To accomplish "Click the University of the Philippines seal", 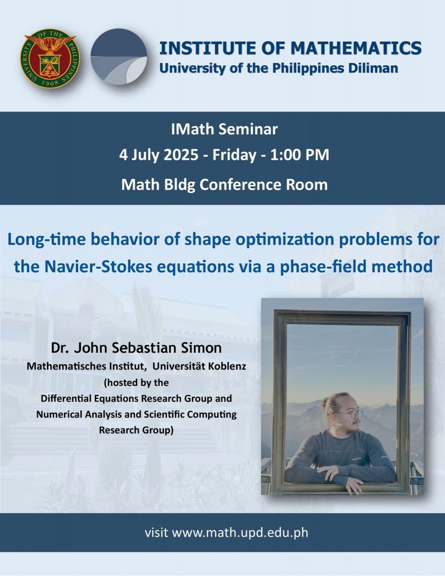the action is point(50,58).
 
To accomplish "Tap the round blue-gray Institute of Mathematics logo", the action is point(119,57).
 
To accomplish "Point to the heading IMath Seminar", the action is point(224,129).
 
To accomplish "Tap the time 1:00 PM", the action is point(299,155).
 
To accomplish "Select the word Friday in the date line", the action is point(234,155).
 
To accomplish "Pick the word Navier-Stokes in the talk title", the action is point(98,266).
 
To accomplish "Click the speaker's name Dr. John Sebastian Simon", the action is point(137,348).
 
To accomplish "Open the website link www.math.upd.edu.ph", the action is point(240,533).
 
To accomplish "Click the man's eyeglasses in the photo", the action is point(351,414).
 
